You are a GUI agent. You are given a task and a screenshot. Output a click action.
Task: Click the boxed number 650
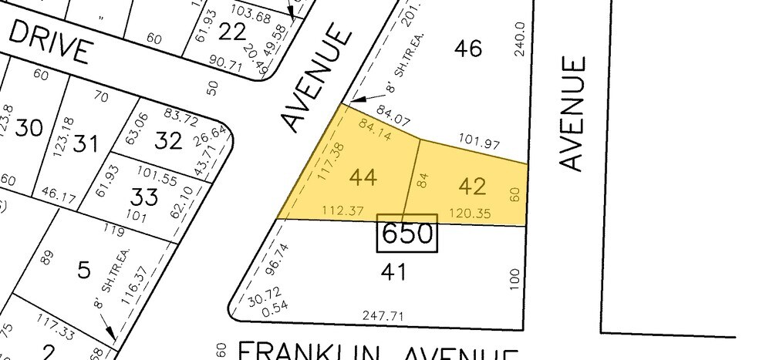point(406,233)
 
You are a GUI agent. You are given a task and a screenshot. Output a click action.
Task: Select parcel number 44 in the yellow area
point(363,177)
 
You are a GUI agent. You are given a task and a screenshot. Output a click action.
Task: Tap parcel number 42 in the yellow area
point(472,186)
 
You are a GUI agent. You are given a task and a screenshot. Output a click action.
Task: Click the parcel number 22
point(232,32)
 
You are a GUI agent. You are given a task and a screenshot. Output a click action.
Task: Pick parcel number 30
point(29,127)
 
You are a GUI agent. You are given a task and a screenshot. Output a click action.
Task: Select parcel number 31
point(86,143)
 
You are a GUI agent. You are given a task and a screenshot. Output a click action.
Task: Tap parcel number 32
point(168,140)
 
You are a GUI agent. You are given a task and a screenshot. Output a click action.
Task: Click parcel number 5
point(84,270)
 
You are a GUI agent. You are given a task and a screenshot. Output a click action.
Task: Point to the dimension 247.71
point(383,315)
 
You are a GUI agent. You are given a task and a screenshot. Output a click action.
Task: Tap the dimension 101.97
point(479,143)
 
